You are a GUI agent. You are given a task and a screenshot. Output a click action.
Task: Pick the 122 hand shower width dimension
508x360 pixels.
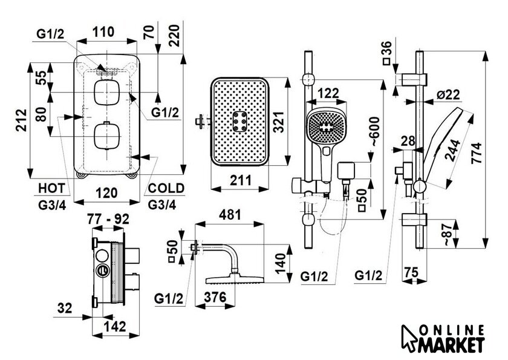[x=328, y=93]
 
